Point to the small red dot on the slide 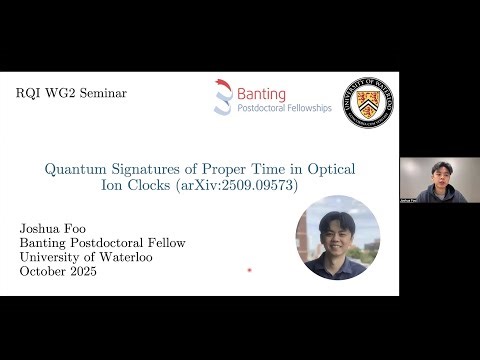249,270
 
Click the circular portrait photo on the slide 337,237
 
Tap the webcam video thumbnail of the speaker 438,180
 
